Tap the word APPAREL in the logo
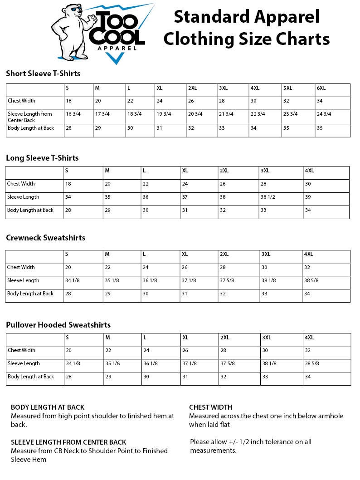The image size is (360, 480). click(x=117, y=48)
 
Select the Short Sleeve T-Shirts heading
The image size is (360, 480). click(x=43, y=73)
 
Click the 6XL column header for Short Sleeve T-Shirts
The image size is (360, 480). click(x=321, y=88)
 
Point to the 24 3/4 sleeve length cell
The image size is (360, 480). click(x=324, y=114)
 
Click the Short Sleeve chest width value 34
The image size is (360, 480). click(x=320, y=101)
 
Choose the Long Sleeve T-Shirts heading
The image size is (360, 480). click(x=42, y=158)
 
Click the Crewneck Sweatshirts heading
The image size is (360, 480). click(x=45, y=238)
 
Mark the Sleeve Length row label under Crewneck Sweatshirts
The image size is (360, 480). click(x=23, y=280)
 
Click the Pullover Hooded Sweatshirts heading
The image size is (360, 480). click(x=58, y=325)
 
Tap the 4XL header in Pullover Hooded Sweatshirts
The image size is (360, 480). click(x=309, y=337)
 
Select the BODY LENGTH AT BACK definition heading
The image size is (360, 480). click(x=48, y=407)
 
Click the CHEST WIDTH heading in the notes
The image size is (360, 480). click(x=210, y=407)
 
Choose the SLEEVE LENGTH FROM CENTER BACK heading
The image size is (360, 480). click(x=68, y=442)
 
